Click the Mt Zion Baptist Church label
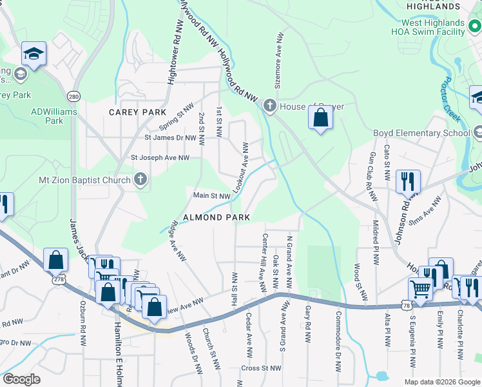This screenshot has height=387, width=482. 84,180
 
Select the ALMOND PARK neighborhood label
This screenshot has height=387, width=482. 217,217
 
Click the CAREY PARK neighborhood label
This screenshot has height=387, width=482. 137,112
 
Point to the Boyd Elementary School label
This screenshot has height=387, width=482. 422,134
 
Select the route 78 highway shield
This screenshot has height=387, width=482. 405,304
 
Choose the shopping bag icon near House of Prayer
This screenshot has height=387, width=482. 320,119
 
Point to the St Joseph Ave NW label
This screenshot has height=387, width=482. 160,157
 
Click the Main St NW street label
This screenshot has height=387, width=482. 212,195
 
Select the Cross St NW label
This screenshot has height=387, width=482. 261,368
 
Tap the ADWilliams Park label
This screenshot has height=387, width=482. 54,115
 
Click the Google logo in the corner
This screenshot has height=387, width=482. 21,380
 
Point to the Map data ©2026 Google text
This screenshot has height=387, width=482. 441,382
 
